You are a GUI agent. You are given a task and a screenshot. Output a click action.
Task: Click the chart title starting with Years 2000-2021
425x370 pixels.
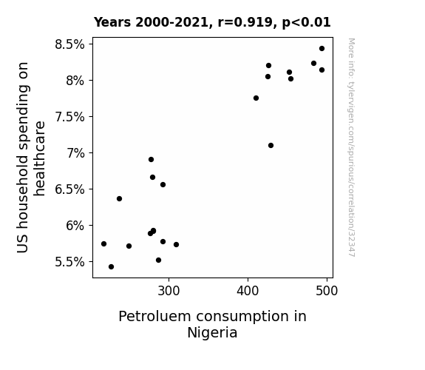(212, 22)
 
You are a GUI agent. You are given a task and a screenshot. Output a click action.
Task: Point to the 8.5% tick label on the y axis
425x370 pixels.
(69, 44)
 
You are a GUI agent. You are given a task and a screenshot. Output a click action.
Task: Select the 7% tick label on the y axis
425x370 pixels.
(75, 153)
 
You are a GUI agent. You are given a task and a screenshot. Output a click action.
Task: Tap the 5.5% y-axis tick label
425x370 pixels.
(69, 262)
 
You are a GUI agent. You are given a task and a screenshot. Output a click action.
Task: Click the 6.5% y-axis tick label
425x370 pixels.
(69, 189)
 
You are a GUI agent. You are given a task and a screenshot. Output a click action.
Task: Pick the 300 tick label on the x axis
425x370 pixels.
(169, 291)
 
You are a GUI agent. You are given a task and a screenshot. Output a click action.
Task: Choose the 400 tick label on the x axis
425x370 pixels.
(248, 291)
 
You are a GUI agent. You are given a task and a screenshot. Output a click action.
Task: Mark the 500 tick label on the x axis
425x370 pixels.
(327, 291)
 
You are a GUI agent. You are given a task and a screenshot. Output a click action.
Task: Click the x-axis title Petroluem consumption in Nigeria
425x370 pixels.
(213, 324)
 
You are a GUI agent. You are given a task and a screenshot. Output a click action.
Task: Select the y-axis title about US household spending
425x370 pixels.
(30, 158)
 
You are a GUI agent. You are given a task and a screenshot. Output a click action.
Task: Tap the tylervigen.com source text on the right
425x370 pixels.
(351, 147)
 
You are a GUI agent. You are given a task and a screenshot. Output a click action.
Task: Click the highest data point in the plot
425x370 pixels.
(322, 49)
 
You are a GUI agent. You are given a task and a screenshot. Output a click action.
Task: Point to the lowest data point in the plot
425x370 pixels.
(111, 267)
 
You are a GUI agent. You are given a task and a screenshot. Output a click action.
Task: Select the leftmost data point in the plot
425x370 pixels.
(103, 243)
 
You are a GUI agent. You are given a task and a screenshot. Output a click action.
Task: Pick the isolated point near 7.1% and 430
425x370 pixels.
(271, 146)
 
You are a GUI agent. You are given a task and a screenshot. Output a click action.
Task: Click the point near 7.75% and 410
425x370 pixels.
(256, 98)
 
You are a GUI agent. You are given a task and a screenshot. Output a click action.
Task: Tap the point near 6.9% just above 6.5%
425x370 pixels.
(152, 159)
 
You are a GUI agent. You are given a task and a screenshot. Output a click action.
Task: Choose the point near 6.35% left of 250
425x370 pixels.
(119, 199)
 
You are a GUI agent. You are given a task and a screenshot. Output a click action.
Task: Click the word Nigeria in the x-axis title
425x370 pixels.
(213, 333)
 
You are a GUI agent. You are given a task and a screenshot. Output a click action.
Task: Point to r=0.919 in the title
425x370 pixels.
(245, 22)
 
